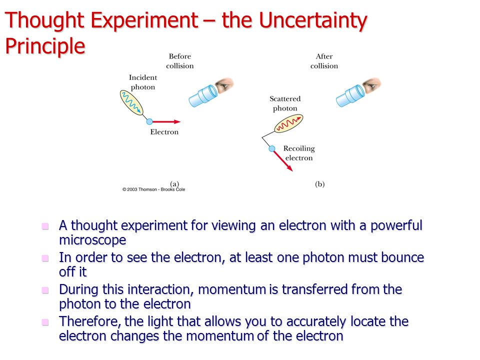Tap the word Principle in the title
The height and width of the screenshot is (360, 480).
point(45,46)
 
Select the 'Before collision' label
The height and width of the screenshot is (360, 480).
point(179,61)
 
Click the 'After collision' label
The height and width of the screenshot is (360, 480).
point(324,61)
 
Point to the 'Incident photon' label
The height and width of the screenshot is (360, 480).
point(143,82)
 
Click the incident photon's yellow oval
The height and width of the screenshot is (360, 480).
point(131,102)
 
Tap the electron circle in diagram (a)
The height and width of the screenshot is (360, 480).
point(149,122)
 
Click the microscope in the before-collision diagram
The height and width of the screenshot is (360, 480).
point(203,96)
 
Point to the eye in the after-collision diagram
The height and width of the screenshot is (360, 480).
point(371,85)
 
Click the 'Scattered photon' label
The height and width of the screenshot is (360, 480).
point(285,103)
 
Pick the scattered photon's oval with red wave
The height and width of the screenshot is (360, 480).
point(288,123)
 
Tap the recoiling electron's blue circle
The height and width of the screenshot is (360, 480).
point(272,149)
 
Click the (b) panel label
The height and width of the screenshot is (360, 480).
point(319,184)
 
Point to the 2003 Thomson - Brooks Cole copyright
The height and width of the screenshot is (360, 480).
point(153,189)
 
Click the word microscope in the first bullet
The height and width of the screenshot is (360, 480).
point(92,240)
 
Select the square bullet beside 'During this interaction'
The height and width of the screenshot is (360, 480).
point(45,290)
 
